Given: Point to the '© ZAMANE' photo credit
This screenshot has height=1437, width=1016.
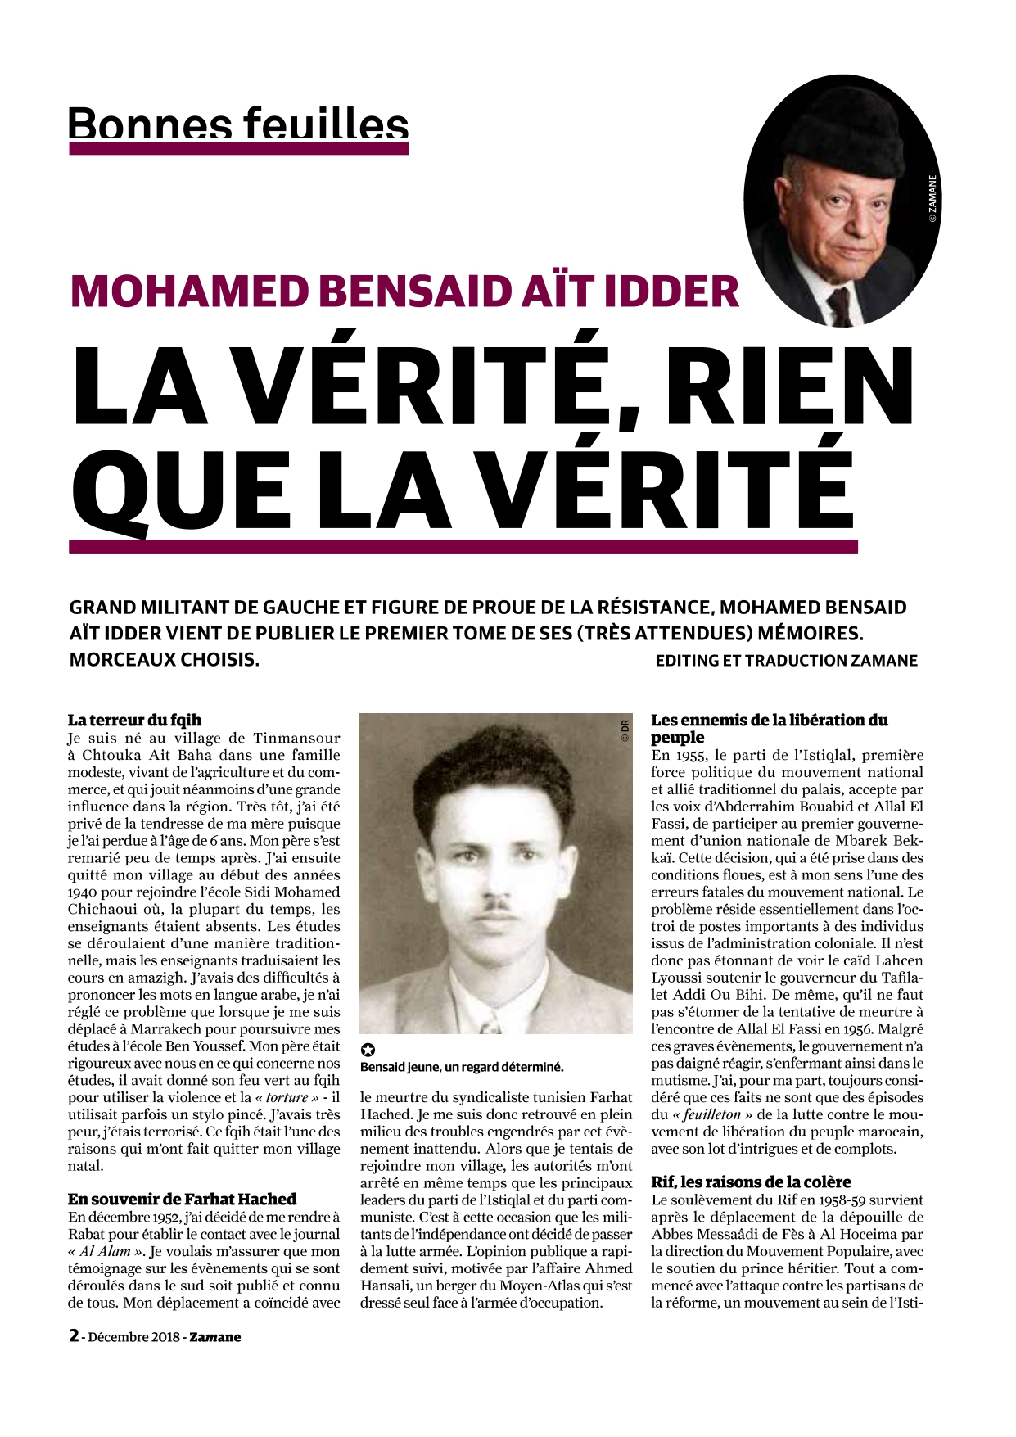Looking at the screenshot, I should (932, 200).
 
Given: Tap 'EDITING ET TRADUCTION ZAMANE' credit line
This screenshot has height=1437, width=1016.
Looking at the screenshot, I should (786, 661).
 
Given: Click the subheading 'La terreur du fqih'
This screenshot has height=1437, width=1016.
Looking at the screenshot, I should (134, 721).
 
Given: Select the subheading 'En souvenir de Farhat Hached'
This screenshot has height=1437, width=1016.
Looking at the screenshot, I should (182, 1200).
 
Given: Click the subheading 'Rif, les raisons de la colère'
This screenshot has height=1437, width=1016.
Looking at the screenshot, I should (751, 1182).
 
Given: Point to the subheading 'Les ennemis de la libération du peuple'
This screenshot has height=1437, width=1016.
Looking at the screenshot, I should (769, 729).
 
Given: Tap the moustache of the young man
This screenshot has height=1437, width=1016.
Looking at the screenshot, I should (494, 906).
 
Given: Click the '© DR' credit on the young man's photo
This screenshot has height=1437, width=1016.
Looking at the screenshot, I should (624, 730).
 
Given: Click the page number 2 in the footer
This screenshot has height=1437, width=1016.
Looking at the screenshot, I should (74, 1335).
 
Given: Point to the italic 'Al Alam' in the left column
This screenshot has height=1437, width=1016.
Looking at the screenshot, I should (97, 1251).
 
